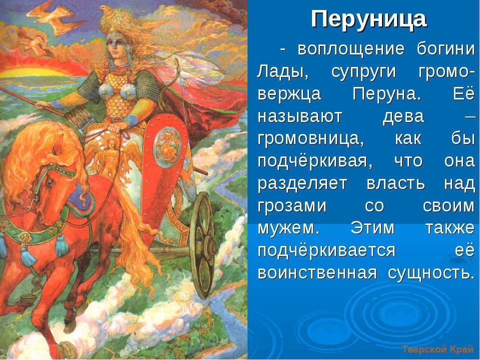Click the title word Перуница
(x=368, y=19)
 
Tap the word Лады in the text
(x=282, y=71)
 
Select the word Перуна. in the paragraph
(x=387, y=93)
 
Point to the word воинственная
(x=317, y=272)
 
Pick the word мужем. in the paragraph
(x=288, y=228)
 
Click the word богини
(x=445, y=49)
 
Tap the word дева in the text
(x=403, y=117)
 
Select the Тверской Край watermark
(x=438, y=349)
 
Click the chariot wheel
(x=202, y=245)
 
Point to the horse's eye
(x=49, y=183)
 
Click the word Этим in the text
(x=372, y=228)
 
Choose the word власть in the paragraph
(x=395, y=183)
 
